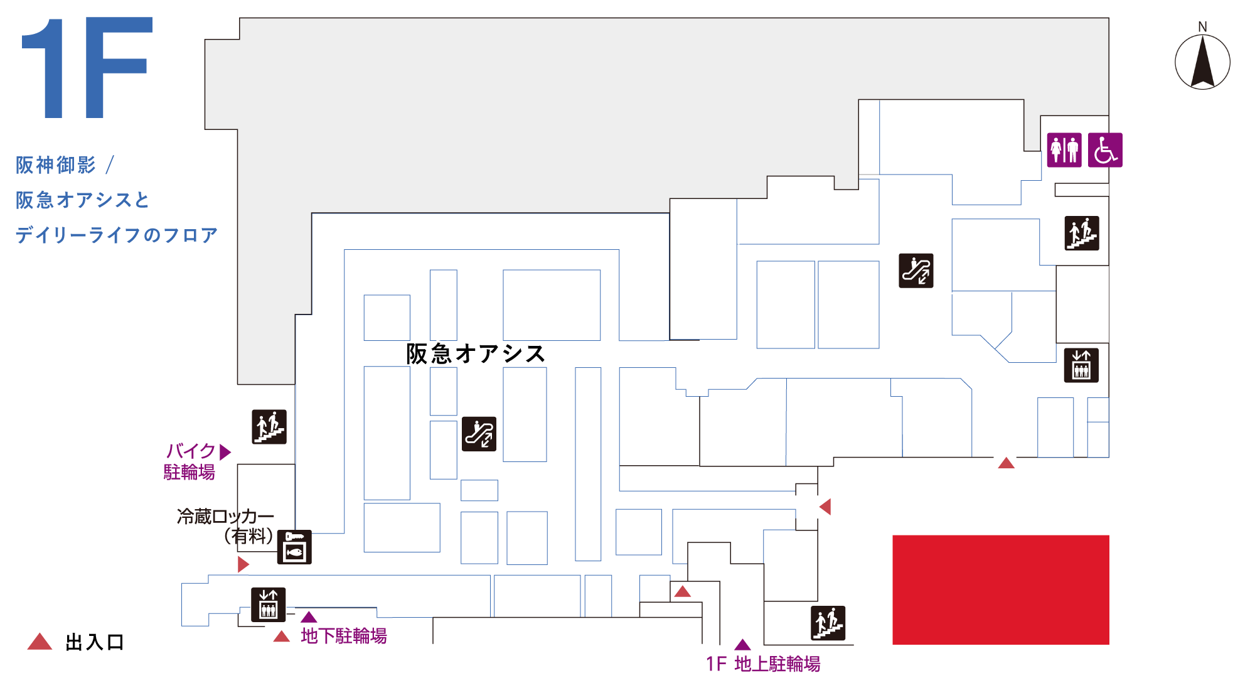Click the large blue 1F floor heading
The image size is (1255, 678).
point(87,68)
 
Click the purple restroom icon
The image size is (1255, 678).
point(1064,150)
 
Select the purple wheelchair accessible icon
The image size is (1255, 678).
point(1105,150)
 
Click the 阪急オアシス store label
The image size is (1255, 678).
point(476,354)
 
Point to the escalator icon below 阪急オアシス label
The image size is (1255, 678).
point(479,434)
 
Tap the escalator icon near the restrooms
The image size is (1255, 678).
point(916,271)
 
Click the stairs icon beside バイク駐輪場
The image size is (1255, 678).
point(269,427)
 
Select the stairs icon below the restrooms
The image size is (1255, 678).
point(1082,233)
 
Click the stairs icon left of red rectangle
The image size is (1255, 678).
point(828,623)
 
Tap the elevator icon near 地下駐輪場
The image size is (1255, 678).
point(269,605)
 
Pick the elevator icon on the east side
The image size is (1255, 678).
point(1082,365)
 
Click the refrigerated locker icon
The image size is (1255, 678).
point(294,547)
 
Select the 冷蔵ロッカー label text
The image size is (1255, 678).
point(226,517)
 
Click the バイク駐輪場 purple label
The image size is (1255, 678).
point(190,461)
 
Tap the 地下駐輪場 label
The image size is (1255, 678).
point(344,636)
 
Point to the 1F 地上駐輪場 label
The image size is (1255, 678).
point(763,664)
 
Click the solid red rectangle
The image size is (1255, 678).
point(1001,590)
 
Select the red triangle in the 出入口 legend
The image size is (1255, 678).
point(40,641)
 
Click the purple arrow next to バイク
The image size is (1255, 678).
point(226,452)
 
